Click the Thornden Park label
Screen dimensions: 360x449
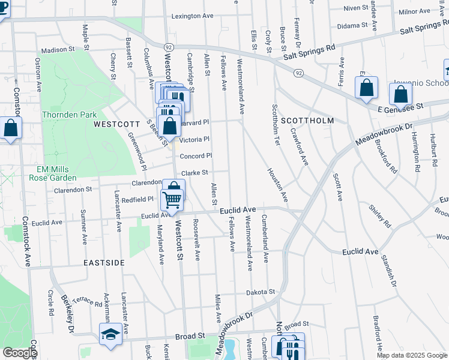(69, 115)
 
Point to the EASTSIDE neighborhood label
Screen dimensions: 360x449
(104, 263)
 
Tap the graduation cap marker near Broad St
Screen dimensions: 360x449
(110, 335)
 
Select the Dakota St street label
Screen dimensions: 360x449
(261, 293)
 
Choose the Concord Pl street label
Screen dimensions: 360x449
(196, 156)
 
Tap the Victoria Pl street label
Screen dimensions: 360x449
(194, 139)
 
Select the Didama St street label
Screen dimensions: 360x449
(352, 25)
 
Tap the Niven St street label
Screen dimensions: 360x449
(356, 8)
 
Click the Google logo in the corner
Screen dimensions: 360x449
(20, 353)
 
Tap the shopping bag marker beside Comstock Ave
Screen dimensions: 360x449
(10, 128)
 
